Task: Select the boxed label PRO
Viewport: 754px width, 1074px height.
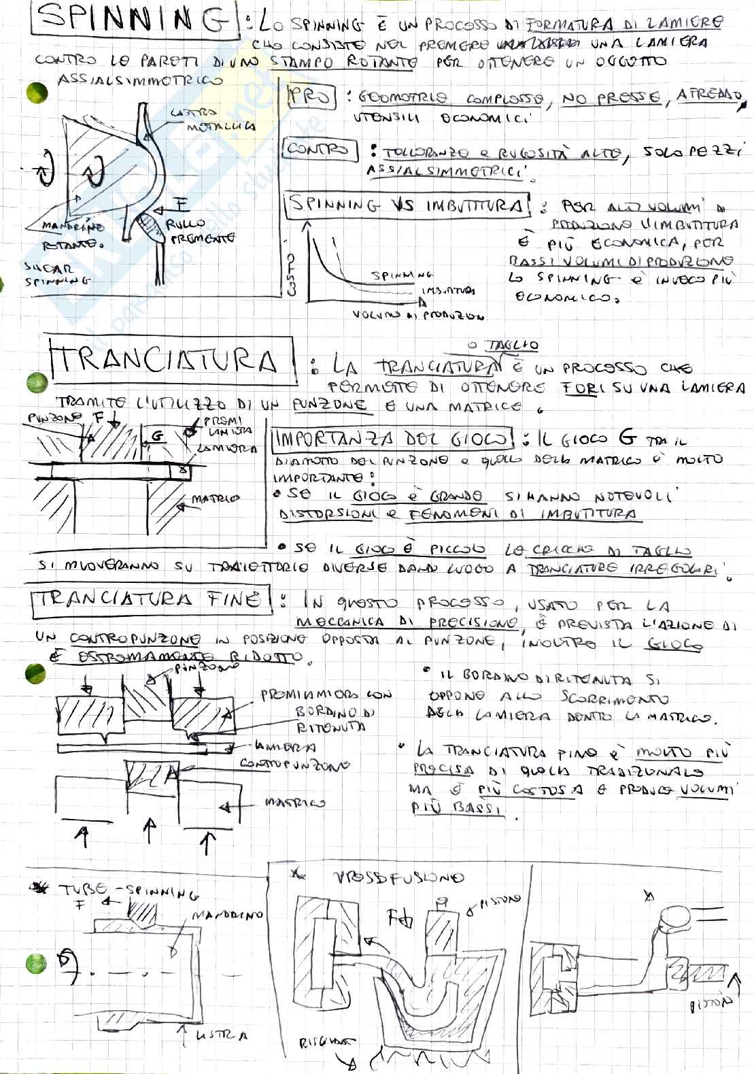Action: pyautogui.click(x=311, y=97)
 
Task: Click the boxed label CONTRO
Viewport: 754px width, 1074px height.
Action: pyautogui.click(x=320, y=148)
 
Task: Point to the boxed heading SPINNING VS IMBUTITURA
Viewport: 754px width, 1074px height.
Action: pyautogui.click(x=408, y=205)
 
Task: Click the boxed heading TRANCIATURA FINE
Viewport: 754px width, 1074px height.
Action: pyautogui.click(x=150, y=599)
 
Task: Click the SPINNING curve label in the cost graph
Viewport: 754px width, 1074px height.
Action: pyautogui.click(x=401, y=275)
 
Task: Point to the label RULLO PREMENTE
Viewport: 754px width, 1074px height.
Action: pyautogui.click(x=197, y=231)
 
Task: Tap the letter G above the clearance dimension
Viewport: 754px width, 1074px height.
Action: pyautogui.click(x=158, y=436)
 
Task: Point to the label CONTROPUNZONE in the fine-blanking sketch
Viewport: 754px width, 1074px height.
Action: pyautogui.click(x=294, y=764)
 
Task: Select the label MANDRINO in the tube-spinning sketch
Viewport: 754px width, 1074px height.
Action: pyautogui.click(x=226, y=916)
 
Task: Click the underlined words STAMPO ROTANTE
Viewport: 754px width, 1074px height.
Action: pyautogui.click(x=343, y=62)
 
